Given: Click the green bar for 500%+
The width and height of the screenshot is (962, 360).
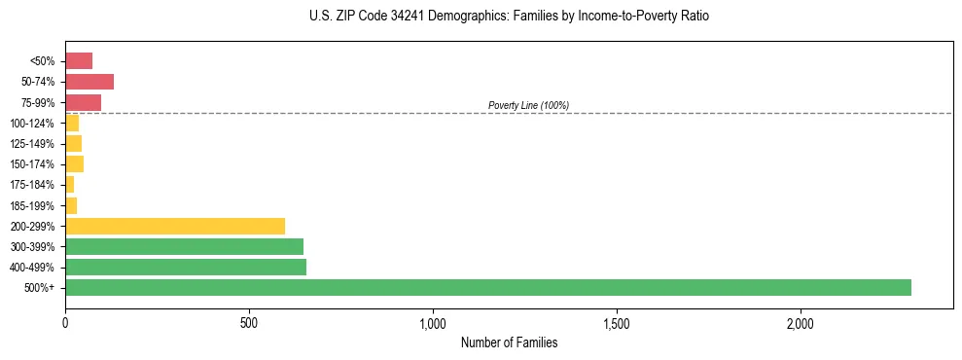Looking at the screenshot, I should (487, 287).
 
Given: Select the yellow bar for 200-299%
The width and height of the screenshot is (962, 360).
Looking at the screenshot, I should (175, 226).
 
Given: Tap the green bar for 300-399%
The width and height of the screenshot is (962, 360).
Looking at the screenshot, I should (184, 246).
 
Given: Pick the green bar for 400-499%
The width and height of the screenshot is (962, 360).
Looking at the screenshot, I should (186, 267).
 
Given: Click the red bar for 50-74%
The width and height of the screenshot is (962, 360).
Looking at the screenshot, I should (89, 82).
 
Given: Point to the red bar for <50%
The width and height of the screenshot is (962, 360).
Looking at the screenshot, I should (79, 61).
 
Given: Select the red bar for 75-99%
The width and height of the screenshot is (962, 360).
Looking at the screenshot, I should (83, 102).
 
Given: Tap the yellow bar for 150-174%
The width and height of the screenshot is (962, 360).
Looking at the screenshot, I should (74, 163).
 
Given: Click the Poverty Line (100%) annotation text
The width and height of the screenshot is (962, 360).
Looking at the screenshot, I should (528, 105).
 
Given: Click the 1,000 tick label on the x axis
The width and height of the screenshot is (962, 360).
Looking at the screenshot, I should (433, 322).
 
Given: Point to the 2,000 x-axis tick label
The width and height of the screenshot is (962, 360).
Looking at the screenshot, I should (801, 322).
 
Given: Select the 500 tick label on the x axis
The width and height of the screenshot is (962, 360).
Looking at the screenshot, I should (249, 322).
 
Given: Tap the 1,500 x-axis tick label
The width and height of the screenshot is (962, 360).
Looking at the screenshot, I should (617, 322).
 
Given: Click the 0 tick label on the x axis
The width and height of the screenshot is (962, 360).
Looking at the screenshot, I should (65, 322).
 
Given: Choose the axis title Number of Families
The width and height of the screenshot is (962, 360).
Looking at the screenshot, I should (509, 342).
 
